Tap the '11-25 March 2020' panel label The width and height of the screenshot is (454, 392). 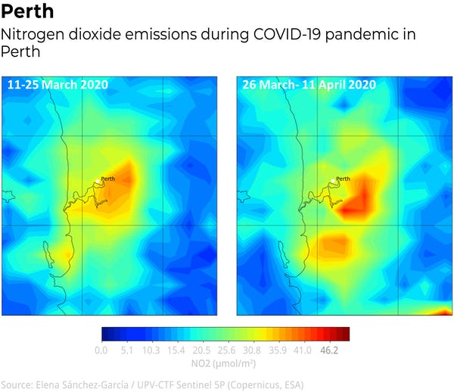click(58, 85)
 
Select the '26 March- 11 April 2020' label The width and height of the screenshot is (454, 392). click(309, 85)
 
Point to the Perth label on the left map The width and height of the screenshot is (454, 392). click(110, 179)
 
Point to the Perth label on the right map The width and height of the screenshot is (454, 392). click(343, 179)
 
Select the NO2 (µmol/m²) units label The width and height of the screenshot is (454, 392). click(225, 364)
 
